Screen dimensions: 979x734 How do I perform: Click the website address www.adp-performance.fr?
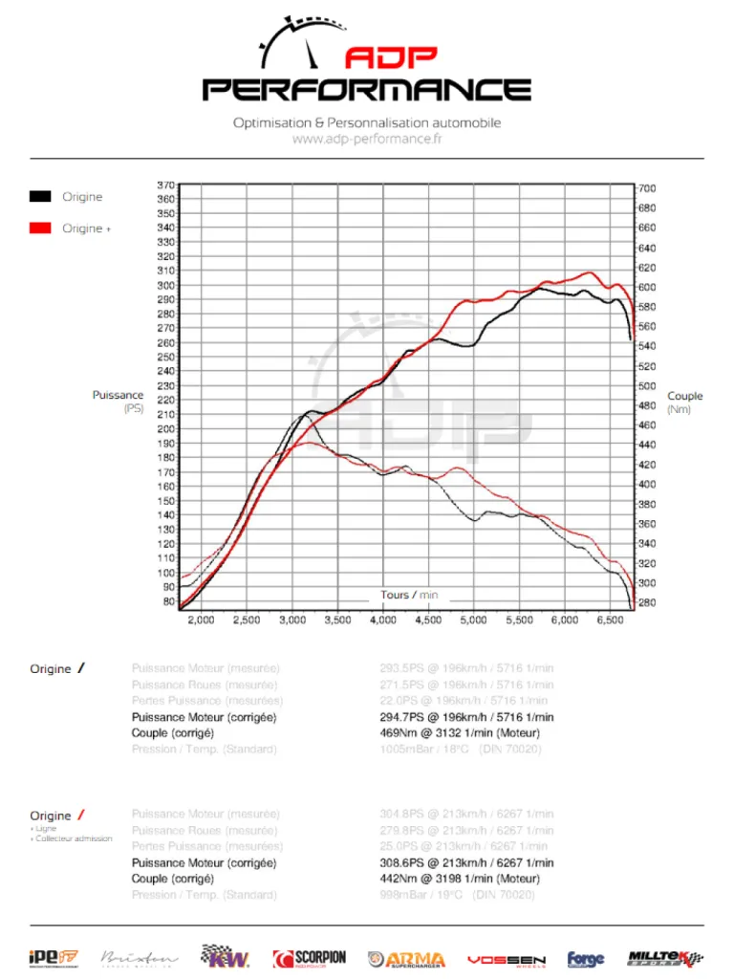(x=367, y=139)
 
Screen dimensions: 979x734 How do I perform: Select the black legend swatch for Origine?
(x=39, y=197)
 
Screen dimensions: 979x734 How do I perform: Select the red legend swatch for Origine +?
(x=39, y=228)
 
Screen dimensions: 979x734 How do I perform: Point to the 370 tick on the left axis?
(x=165, y=185)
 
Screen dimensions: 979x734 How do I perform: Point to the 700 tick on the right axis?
(x=647, y=188)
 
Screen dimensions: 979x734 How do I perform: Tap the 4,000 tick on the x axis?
(x=382, y=620)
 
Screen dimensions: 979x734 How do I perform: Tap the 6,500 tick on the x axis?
(x=610, y=620)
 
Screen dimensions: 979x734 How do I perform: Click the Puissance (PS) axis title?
(x=118, y=402)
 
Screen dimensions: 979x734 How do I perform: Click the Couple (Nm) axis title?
(x=684, y=402)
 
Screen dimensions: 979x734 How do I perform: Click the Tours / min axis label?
(x=409, y=595)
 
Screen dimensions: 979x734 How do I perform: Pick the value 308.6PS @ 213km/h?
(x=466, y=862)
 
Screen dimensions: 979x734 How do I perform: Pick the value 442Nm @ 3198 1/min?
(x=465, y=879)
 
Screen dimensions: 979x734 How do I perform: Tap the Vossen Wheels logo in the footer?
(x=506, y=959)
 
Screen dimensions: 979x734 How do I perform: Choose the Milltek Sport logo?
(x=665, y=957)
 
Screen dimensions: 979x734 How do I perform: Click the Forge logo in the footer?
(x=586, y=959)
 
